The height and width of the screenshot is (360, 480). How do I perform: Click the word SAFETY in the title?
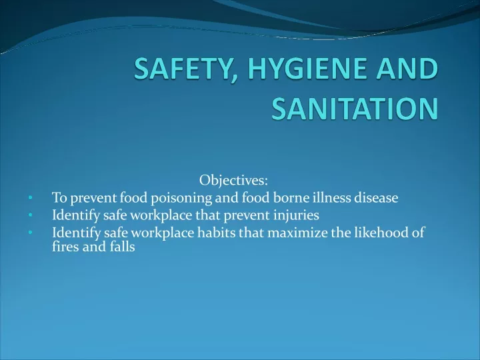coord(183,68)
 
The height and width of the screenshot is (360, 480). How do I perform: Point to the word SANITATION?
coord(355,109)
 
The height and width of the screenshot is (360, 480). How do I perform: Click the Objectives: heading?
coord(233,180)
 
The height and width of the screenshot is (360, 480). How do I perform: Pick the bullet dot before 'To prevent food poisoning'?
coord(30,198)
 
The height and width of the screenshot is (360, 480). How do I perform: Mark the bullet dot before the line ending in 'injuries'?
coord(30,215)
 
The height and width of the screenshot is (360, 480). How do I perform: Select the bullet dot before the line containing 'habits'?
coord(30,233)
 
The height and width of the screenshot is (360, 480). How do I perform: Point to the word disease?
coord(376,197)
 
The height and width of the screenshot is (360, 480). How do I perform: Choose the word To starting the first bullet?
coord(59,198)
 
